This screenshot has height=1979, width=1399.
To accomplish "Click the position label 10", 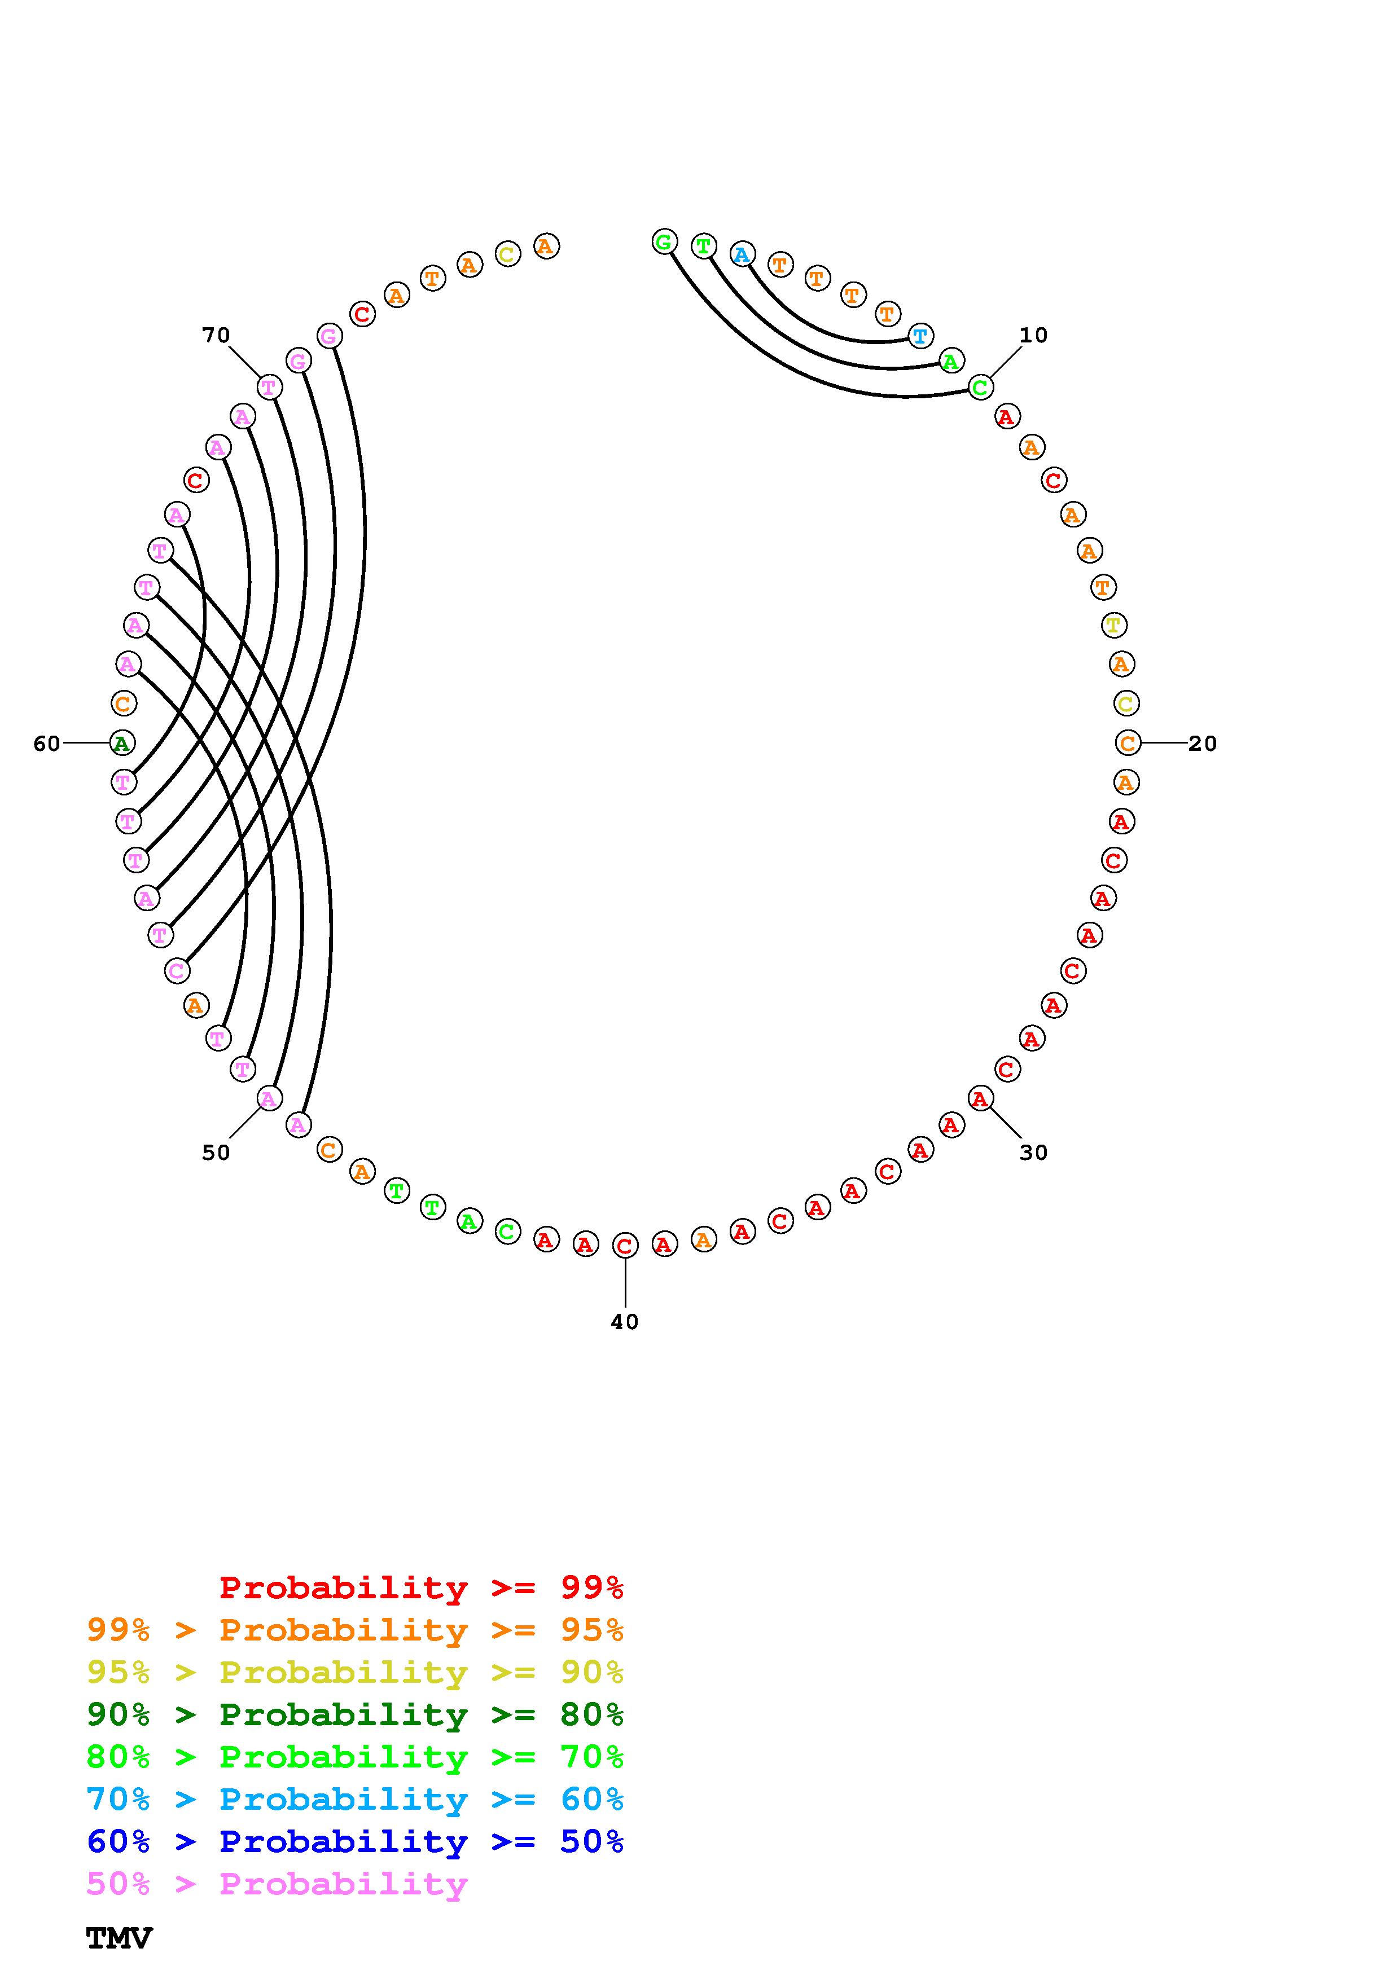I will click(1033, 335).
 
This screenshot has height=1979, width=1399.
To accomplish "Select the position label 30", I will click(1033, 1153).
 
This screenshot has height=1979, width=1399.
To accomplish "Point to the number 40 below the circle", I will click(625, 1321).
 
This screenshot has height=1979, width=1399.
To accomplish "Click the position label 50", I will click(216, 1153).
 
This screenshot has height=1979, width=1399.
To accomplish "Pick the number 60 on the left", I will click(46, 743).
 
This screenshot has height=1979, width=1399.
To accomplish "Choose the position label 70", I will click(216, 335).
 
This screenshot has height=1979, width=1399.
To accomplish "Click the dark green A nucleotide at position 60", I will click(122, 742).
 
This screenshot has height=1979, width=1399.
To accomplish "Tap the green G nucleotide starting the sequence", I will click(664, 242).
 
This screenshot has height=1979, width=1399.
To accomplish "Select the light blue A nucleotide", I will click(742, 254).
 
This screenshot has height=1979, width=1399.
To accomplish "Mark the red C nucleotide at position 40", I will click(625, 1246).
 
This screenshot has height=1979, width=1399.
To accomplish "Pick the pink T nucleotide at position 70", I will click(270, 387).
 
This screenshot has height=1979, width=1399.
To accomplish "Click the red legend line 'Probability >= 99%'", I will click(420, 1587).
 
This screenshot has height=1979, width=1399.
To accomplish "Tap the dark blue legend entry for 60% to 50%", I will click(354, 1841).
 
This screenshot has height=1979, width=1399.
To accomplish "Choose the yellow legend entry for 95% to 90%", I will click(354, 1672).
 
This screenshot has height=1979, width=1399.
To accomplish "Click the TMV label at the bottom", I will click(119, 1938).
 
